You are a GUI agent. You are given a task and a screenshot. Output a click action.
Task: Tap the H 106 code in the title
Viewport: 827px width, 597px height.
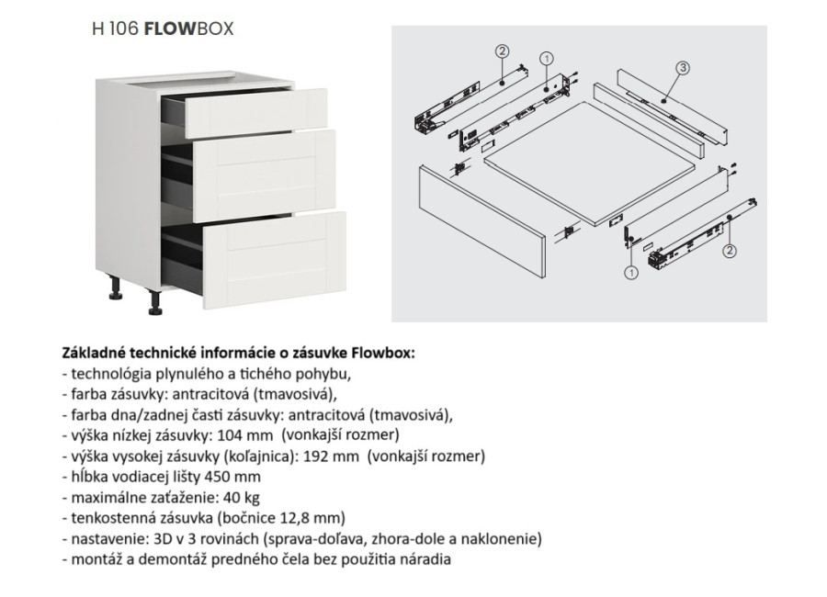click(115, 28)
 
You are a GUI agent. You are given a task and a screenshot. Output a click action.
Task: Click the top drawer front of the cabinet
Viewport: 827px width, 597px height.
click(257, 109)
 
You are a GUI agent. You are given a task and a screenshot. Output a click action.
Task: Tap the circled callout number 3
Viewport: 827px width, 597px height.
click(683, 68)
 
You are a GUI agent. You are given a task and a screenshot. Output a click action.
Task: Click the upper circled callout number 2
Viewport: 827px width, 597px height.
click(502, 51)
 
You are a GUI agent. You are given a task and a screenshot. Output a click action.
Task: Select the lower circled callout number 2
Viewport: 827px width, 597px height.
click(729, 248)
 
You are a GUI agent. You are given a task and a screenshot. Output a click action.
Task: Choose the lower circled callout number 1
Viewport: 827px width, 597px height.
click(631, 272)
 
